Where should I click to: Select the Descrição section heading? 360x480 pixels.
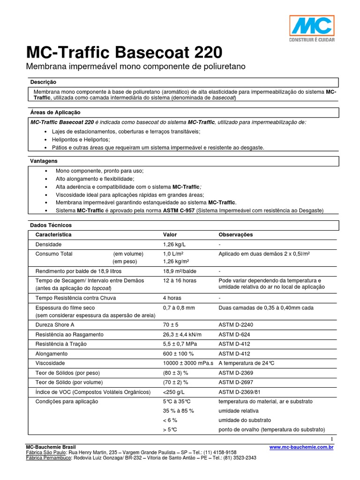click(43, 82)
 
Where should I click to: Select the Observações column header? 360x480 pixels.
click(236, 234)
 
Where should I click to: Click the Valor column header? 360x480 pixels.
click(170, 234)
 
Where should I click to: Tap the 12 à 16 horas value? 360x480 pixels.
click(180, 280)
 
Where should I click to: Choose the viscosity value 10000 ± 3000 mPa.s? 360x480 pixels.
click(188, 363)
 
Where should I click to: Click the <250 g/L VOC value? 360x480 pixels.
click(175, 392)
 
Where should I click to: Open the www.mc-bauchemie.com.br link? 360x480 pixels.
click(301, 448)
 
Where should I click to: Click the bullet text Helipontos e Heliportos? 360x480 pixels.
click(83, 140)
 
